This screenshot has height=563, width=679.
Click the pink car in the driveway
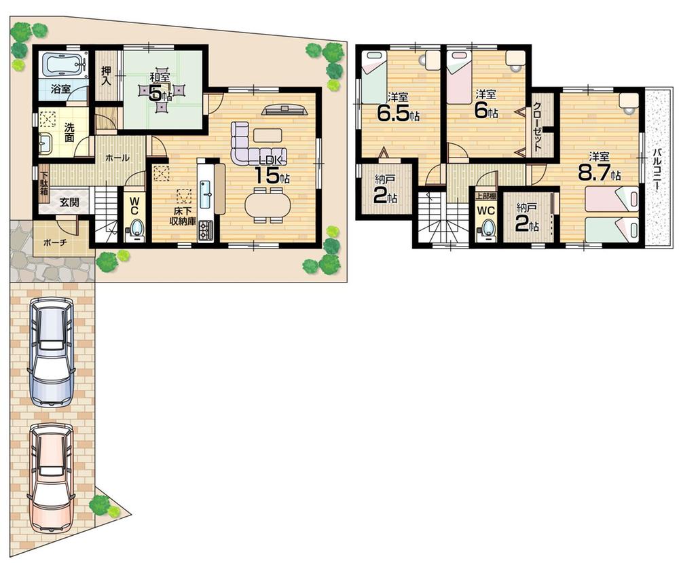(51, 475)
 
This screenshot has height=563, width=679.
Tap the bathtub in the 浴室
(63, 66)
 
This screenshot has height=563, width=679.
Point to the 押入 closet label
(106, 75)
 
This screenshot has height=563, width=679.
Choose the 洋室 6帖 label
(483, 105)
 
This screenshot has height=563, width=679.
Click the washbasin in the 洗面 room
(45, 144)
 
